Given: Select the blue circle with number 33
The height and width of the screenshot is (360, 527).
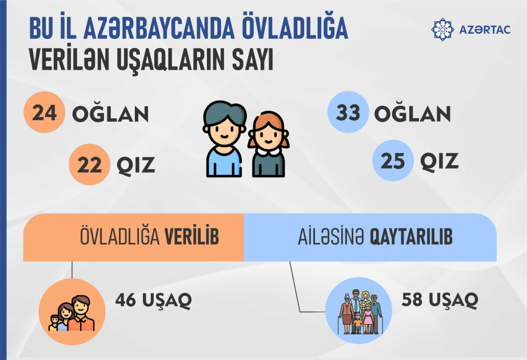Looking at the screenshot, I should click(347, 113).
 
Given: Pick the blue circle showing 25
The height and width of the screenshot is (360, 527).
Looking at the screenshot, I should click(392, 162).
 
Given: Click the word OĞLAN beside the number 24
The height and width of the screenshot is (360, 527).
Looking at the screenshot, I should click(110, 114).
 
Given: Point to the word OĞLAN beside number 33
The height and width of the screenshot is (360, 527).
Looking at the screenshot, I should click(413, 114).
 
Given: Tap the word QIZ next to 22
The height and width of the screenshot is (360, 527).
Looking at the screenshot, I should click(136, 166).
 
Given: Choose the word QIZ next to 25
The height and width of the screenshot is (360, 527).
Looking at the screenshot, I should click(440, 162).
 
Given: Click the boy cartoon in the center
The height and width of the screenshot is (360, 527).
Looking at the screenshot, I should click(225, 139).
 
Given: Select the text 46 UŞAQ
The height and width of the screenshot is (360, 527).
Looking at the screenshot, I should click(153, 299).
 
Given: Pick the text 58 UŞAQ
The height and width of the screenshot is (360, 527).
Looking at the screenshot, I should click(440, 299).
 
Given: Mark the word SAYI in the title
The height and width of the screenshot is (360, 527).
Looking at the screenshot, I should click(239, 60).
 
